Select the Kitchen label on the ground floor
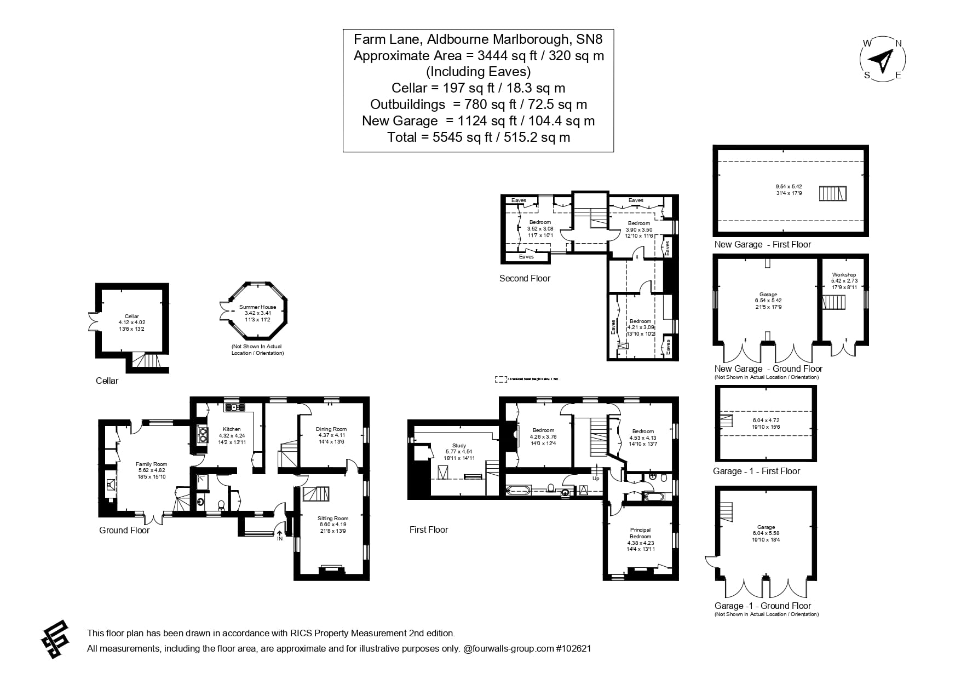point(232,429)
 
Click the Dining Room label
point(331,429)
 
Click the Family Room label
point(151,464)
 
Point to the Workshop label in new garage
point(844,275)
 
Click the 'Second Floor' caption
point(525,278)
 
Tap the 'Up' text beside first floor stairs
point(596,479)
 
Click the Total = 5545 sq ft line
point(478,137)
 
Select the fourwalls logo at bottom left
point(55,639)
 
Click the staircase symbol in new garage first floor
point(832,193)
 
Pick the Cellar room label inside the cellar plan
point(132,317)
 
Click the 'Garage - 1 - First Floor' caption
point(756,471)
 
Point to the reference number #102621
point(573,648)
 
